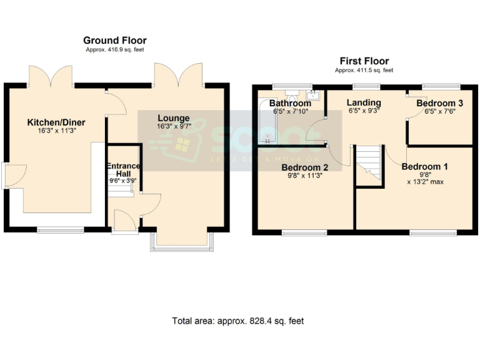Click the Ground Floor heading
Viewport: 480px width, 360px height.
pos(114,41)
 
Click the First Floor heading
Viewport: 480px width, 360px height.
pos(364,61)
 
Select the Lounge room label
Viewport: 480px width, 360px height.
pos(173,118)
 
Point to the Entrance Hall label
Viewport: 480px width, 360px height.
pos(122,169)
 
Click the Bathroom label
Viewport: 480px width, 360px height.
pos(290,103)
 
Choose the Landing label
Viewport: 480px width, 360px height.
pos(364,102)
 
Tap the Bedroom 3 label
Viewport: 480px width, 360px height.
pos(439,103)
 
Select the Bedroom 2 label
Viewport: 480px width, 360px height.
pos(304,167)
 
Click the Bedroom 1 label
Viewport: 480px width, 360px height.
pos(424,167)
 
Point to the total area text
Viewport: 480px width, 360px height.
pos(237,321)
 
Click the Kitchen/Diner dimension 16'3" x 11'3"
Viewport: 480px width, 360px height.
pos(56,131)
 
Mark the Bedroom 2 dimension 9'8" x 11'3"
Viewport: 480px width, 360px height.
pos(304,176)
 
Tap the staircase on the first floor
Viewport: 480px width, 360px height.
pos(368,166)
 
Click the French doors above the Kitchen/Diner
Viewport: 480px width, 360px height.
pos(52,76)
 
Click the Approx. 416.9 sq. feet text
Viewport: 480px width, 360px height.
pos(114,49)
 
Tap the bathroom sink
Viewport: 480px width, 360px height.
pos(314,95)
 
